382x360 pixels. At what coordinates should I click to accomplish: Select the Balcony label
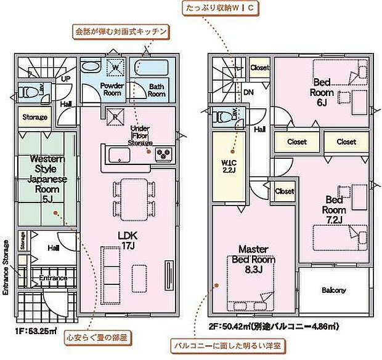(333, 290)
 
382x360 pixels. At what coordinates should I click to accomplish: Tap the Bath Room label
(156, 90)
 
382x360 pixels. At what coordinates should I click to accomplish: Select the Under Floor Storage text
(140, 136)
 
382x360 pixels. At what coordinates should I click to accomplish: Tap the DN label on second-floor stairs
(248, 92)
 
